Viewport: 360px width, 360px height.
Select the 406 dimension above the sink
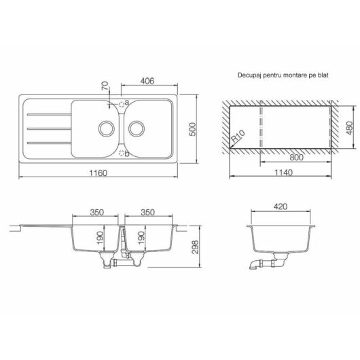click(x=149, y=81)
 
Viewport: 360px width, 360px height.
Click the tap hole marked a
click(x=124, y=104)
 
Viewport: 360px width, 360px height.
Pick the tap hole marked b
click(x=124, y=154)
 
